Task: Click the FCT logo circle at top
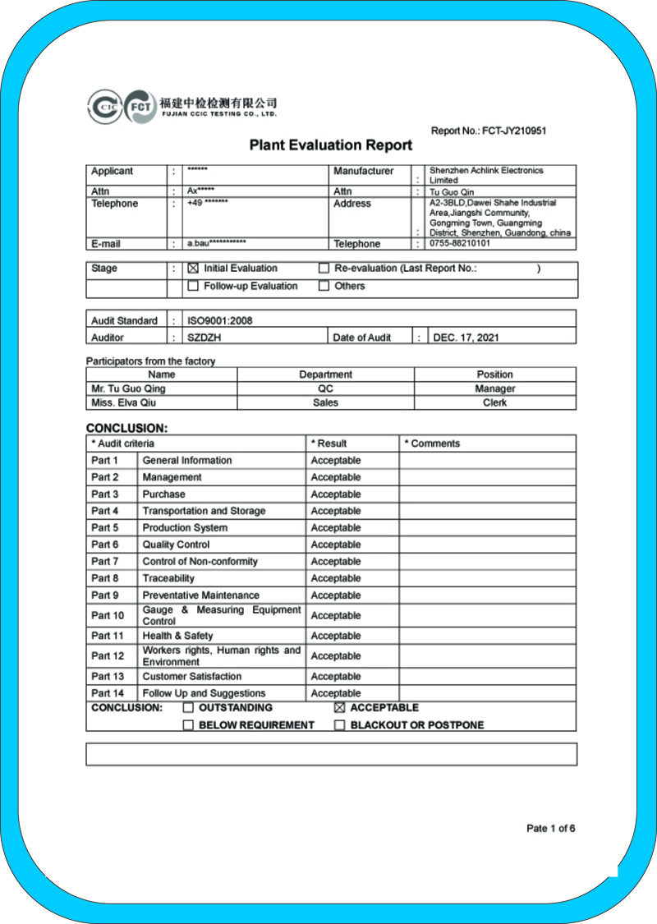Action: tap(140, 107)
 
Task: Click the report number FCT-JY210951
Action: tap(513, 131)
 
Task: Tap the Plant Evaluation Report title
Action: tap(331, 145)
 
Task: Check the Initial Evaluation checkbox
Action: tap(193, 269)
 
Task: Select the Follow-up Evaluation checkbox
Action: tap(193, 287)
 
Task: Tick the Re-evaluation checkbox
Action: tap(324, 269)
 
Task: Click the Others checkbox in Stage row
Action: tap(324, 287)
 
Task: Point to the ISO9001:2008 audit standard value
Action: tap(220, 321)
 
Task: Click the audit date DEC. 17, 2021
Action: tap(466, 338)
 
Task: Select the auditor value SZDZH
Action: tap(205, 338)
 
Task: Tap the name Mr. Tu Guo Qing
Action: tap(128, 388)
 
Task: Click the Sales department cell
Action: tap(325, 403)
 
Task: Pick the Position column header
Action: tap(495, 375)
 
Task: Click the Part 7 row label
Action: tap(105, 562)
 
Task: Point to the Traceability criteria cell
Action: tap(168, 578)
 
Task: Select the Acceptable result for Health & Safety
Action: tap(336, 636)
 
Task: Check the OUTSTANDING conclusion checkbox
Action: tap(188, 708)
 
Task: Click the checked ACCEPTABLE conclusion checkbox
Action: tap(339, 708)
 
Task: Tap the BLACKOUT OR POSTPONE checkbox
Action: tap(339, 725)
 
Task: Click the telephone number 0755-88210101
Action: tap(460, 244)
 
